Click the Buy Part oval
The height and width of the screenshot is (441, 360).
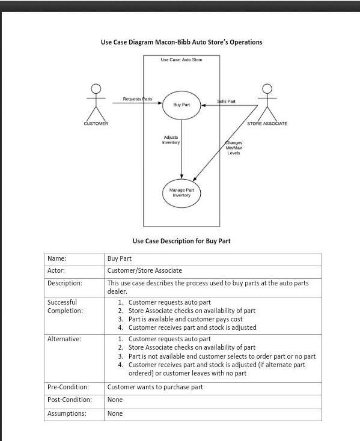pyautogui.click(x=182, y=105)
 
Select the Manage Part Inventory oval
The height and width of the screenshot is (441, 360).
pyautogui.click(x=181, y=192)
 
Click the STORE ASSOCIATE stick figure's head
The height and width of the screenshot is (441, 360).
pyautogui.click(x=267, y=89)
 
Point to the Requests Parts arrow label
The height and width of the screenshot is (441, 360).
pyautogui.click(x=137, y=99)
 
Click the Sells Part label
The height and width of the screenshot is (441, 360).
pyautogui.click(x=226, y=102)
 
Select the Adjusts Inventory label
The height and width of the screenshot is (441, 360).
pyautogui.click(x=171, y=139)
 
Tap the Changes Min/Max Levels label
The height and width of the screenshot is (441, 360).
pyautogui.click(x=234, y=148)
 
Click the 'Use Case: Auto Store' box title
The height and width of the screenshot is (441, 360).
pyautogui.click(x=182, y=60)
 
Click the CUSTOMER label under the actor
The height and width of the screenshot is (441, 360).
pyautogui.click(x=96, y=124)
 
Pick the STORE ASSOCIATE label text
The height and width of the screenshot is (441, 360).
pyautogui.click(x=267, y=124)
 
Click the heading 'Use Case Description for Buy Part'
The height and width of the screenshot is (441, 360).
pyautogui.click(x=182, y=241)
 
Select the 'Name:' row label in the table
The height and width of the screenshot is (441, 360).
pyautogui.click(x=56, y=258)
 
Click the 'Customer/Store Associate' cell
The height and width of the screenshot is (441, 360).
pyautogui.click(x=144, y=270)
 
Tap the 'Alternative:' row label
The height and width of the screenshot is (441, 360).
pyautogui.click(x=64, y=339)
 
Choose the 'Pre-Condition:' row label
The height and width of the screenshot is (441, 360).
pyautogui.click(x=68, y=387)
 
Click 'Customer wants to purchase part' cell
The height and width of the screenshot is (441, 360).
pyautogui.click(x=155, y=387)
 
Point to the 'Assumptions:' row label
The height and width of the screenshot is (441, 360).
pyautogui.click(x=67, y=413)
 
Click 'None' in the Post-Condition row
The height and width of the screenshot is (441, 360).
pyautogui.click(x=115, y=400)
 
